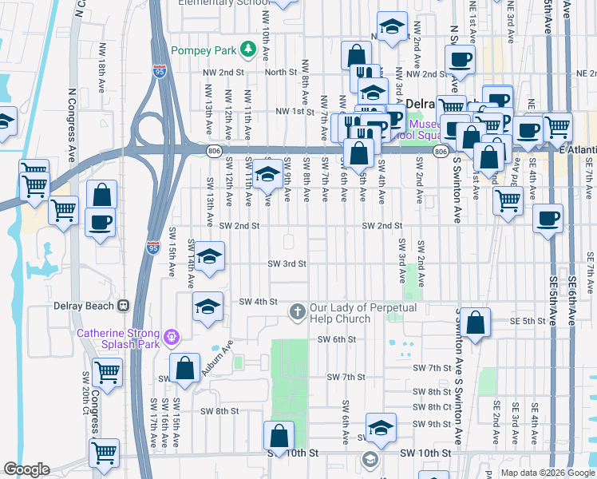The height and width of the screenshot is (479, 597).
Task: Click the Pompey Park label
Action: pyautogui.click(x=204, y=50)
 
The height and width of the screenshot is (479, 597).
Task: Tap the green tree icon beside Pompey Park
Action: pyautogui.click(x=247, y=50)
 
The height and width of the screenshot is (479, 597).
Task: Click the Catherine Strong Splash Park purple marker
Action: pyautogui.click(x=170, y=338)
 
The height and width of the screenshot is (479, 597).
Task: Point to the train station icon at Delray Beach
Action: pyautogui.click(x=123, y=305)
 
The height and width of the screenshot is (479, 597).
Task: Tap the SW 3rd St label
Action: pyautogui.click(x=287, y=263)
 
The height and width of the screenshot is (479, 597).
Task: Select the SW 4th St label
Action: pyautogui.click(x=257, y=302)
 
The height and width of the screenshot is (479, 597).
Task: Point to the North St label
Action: pyautogui.click(x=281, y=73)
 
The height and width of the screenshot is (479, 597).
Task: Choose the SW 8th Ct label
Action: pyautogui.click(x=433, y=407)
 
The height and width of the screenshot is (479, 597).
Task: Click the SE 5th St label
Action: pyautogui.click(x=527, y=321)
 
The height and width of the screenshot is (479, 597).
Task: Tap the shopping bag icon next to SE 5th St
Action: pyautogui.click(x=475, y=323)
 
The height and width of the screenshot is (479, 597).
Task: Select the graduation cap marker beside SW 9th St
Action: pyautogui.click(x=382, y=427)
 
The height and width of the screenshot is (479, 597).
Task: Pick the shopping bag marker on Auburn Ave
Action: pyautogui.click(x=184, y=368)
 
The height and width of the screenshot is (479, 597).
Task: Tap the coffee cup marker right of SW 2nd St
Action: pyautogui.click(x=547, y=219)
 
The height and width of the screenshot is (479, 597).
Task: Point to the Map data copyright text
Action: pyautogui.click(x=547, y=473)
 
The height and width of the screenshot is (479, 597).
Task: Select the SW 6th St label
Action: pyautogui.click(x=335, y=339)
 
